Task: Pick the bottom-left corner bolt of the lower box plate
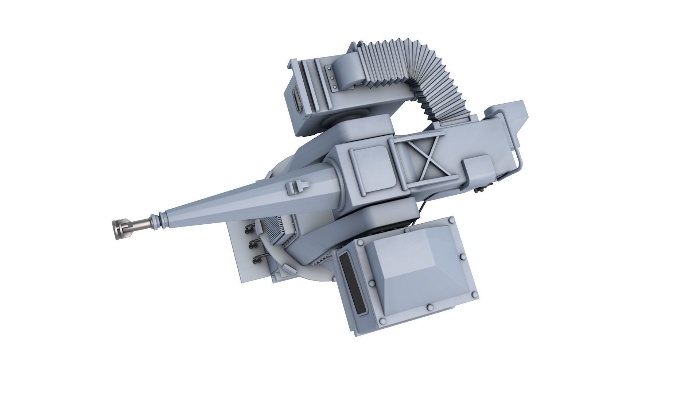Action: coord(382,321)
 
